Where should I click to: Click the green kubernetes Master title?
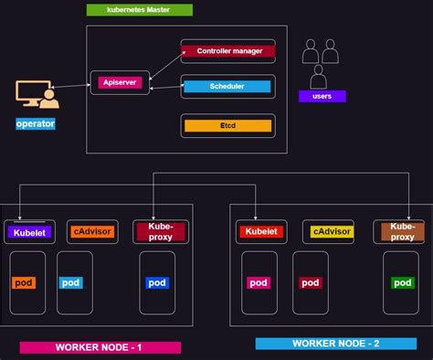(x=139, y=10)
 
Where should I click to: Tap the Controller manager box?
(x=227, y=51)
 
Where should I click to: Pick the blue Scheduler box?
(x=227, y=87)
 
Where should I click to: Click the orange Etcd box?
(x=227, y=125)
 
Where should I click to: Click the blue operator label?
(x=36, y=123)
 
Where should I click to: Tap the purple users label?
(x=322, y=95)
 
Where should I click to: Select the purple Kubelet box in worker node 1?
(x=29, y=233)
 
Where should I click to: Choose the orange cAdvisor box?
(x=92, y=232)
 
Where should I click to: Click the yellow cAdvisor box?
(x=333, y=232)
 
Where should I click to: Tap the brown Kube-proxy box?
(x=402, y=231)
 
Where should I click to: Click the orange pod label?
(x=23, y=282)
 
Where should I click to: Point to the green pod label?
(x=402, y=282)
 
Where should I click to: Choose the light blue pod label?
(x=71, y=282)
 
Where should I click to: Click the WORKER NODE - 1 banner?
(x=100, y=347)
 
